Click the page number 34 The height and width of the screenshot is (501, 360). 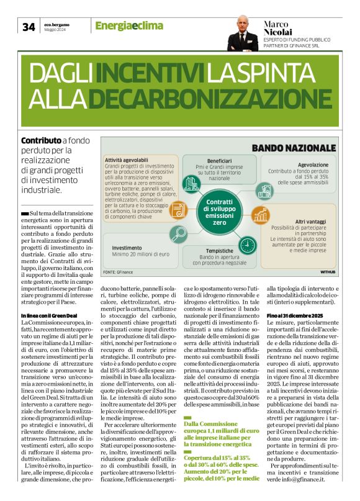[29, 27]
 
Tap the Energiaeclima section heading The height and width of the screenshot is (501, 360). [129, 25]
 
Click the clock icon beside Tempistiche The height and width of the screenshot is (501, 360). [248, 242]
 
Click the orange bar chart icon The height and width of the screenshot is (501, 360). [261, 215]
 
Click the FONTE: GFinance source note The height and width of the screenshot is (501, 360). [119, 272]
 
